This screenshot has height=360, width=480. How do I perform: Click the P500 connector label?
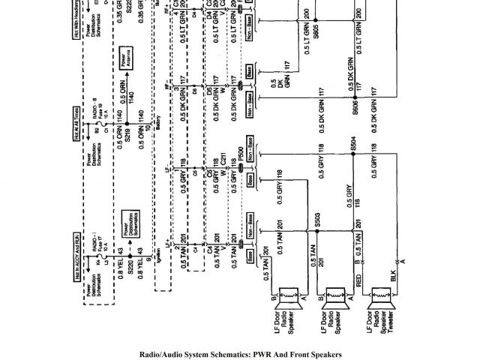click(240, 151)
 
